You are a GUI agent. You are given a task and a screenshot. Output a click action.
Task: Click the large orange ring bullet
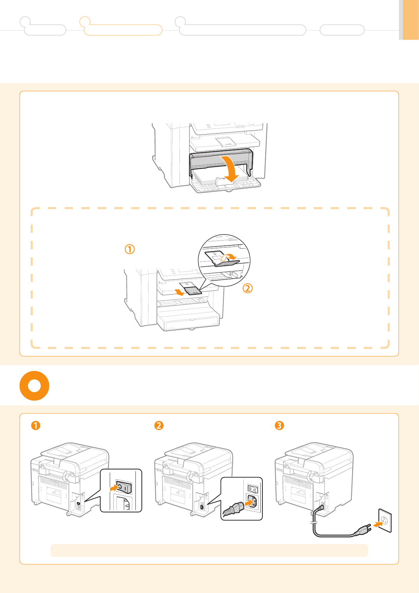(x=34, y=386)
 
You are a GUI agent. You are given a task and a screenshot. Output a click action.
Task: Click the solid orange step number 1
(x=36, y=425)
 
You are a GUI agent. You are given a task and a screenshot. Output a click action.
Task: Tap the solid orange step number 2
(x=159, y=425)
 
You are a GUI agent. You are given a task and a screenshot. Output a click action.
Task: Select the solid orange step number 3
(x=279, y=425)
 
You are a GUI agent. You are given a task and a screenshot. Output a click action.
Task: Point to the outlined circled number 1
(x=130, y=249)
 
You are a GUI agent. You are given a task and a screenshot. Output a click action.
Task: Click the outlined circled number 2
(x=247, y=288)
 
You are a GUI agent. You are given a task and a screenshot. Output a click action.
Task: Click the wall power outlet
(x=385, y=520)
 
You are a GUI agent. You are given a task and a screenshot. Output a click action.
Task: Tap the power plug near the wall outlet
(x=363, y=529)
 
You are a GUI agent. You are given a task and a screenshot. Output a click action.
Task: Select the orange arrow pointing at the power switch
(x=113, y=488)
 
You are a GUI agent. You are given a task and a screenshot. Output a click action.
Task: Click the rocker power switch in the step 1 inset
(x=124, y=487)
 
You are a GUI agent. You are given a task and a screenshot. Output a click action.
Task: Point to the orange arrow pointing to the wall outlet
(x=377, y=524)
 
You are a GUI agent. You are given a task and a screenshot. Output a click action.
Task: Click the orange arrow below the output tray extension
(x=180, y=292)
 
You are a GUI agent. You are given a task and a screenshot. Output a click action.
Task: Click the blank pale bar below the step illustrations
(x=209, y=550)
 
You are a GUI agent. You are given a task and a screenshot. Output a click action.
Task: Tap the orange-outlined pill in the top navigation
(x=123, y=30)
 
